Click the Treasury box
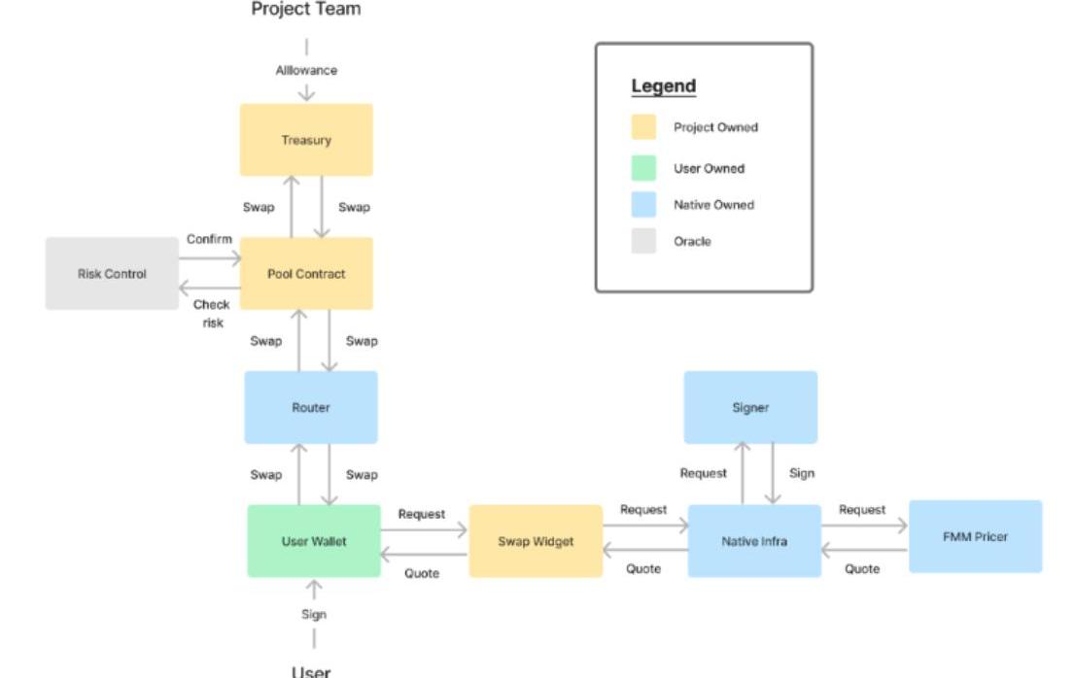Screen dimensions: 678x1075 point(306,140)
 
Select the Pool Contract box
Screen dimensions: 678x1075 point(306,274)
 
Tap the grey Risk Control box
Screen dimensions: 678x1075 point(112,274)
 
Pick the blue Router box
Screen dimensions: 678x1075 point(310,407)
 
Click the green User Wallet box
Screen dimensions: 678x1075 point(313,541)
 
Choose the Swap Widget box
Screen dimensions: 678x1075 point(536,541)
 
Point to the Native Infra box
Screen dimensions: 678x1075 point(754,541)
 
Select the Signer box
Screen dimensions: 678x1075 point(750,407)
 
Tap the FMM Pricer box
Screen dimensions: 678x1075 point(975,536)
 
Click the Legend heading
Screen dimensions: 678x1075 point(664,85)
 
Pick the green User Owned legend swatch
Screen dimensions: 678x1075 point(643,168)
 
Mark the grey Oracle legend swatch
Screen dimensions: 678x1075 point(643,241)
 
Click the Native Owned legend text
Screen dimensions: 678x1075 point(713,205)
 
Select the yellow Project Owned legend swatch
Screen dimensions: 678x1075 point(643,127)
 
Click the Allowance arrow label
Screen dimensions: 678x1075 point(306,70)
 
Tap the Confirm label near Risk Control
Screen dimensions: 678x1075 point(209,239)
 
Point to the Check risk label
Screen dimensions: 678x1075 point(211,313)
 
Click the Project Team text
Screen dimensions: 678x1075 point(306,10)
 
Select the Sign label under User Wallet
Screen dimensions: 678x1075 point(314,614)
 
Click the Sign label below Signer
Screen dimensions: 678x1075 point(802,473)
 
